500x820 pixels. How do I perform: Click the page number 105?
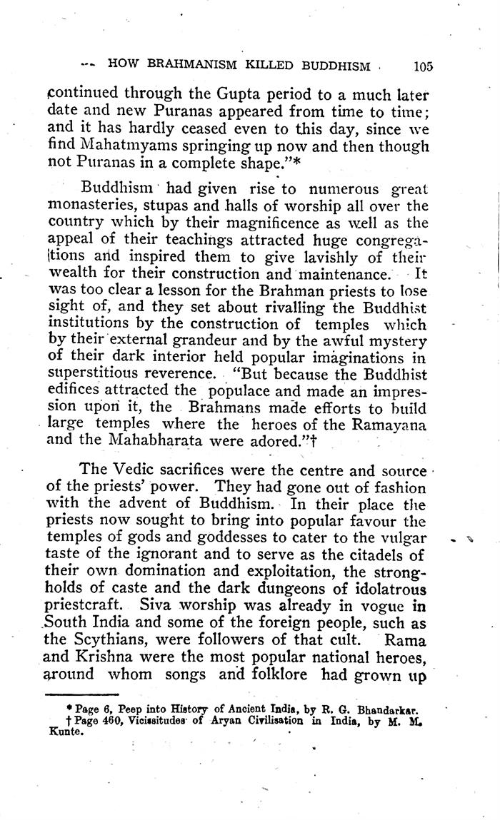coord(422,66)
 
